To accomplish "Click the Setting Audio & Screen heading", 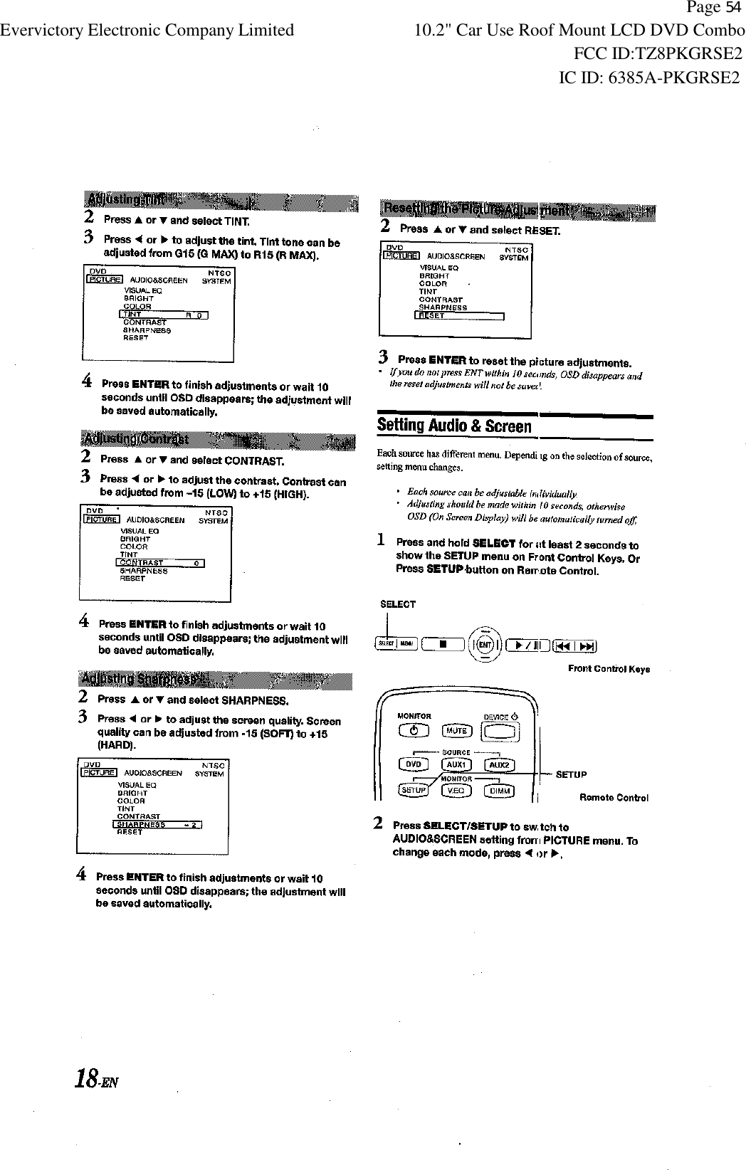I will click(454, 426).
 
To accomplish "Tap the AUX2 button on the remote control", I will click(498, 765).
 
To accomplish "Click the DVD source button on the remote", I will click(413, 764).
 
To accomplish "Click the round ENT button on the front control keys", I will click(485, 645).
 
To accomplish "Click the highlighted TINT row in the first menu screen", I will click(164, 315).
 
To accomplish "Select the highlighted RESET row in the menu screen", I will click(459, 316).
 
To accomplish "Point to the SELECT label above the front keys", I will click(398, 604).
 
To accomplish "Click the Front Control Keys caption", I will click(609, 669).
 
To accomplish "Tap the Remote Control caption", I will click(614, 798).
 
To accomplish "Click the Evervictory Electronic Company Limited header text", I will click(147, 31).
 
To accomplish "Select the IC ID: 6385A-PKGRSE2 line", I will click(649, 78).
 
